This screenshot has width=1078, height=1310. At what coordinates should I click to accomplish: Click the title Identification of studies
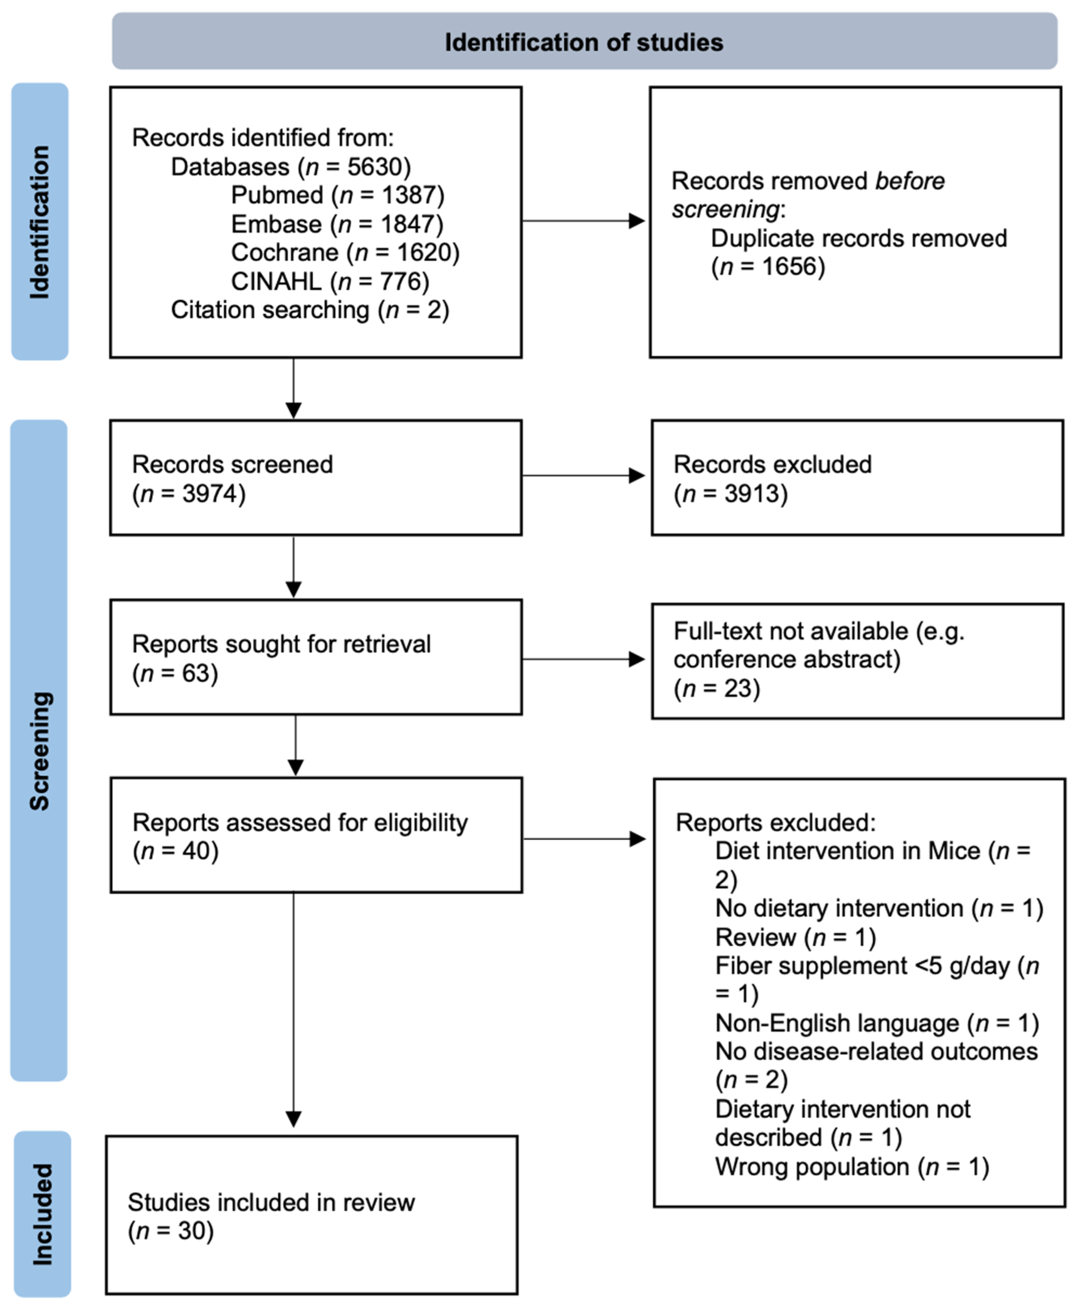pyautogui.click(x=584, y=42)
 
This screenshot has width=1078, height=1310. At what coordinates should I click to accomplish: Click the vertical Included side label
pyautogui.click(x=42, y=1214)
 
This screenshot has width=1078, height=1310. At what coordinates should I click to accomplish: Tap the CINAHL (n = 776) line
pyautogui.click(x=330, y=281)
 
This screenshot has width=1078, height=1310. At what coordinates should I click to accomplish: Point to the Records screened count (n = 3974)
pyautogui.click(x=189, y=494)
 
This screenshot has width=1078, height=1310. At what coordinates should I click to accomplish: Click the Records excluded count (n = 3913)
pyautogui.click(x=730, y=494)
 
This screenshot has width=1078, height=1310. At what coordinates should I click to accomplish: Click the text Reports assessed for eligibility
pyautogui.click(x=300, y=823)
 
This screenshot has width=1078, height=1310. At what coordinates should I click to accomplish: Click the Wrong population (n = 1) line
pyautogui.click(x=851, y=1167)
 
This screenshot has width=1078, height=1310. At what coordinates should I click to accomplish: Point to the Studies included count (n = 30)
pyautogui.click(x=171, y=1231)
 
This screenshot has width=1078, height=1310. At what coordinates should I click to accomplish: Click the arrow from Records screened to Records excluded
pyautogui.click(x=584, y=476)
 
